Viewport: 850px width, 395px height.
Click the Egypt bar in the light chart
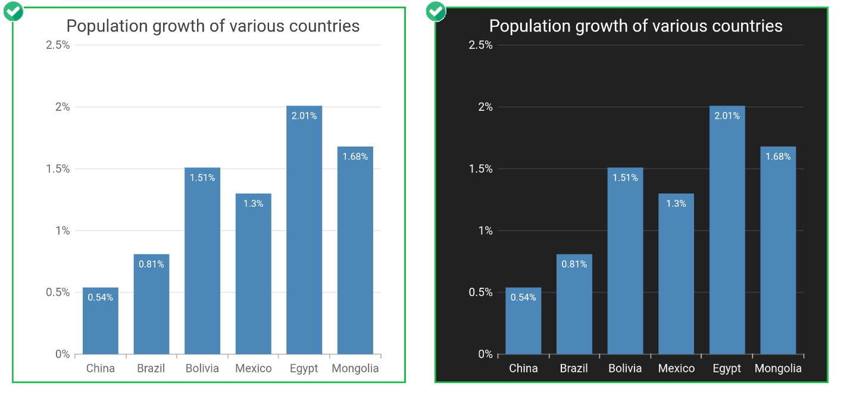[x=304, y=238]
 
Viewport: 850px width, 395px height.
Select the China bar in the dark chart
[x=523, y=325]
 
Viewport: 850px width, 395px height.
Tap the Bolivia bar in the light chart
[x=202, y=268]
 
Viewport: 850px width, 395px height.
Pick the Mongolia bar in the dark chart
[x=778, y=256]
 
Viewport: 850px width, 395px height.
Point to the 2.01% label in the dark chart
[x=727, y=116]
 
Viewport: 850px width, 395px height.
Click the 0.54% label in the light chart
[x=101, y=297]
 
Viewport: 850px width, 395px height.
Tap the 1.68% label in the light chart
[x=355, y=157]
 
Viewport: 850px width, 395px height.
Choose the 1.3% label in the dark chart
[x=676, y=204]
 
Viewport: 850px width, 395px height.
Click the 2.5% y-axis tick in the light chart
[x=58, y=45]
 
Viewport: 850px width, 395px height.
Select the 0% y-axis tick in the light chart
[x=62, y=354]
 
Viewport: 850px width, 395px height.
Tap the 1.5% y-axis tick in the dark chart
[x=480, y=169]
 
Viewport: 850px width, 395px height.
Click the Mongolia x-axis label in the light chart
[x=355, y=368]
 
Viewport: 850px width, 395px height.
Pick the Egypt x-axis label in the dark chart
[x=727, y=368]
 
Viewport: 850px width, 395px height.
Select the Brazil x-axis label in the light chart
[x=151, y=368]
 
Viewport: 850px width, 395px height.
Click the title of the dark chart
[x=636, y=26]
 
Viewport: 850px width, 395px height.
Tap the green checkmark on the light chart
[x=13, y=11]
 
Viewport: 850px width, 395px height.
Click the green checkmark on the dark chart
[x=436, y=11]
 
